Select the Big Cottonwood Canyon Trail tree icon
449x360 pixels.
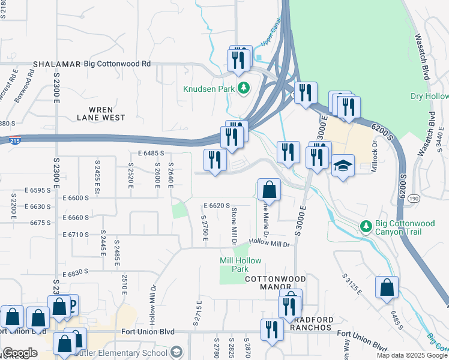click(366, 226)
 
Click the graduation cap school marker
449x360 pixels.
click(343, 166)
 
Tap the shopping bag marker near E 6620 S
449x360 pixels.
click(270, 190)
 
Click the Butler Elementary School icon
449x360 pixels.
click(176, 352)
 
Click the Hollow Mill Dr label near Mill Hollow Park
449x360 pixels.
click(269, 243)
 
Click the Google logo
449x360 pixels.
click(20, 353)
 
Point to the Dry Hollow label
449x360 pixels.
click(429, 96)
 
